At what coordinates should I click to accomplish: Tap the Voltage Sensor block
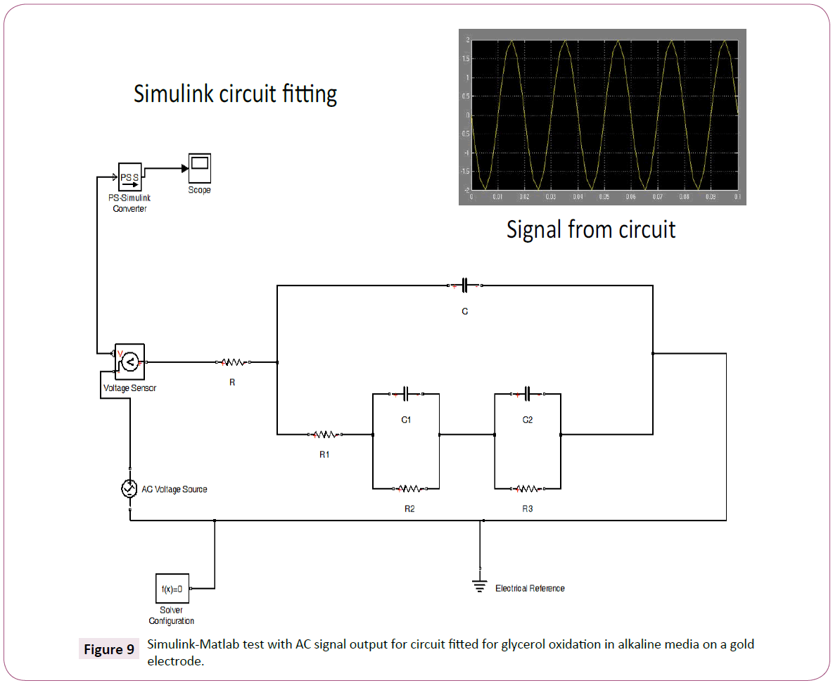pos(129,362)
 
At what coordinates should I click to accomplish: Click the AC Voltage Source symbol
pos(129,489)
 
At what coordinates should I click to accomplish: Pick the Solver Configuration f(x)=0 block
pos(172,588)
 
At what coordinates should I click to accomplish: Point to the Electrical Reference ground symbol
pos(480,585)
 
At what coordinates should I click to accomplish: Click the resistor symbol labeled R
pos(233,363)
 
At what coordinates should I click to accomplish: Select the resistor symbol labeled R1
pos(324,435)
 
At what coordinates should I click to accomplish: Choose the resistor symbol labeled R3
pos(528,488)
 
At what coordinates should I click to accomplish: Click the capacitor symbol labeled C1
pos(406,394)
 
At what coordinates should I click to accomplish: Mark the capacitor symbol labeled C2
pos(528,394)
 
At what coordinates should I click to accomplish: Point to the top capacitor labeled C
pos(464,286)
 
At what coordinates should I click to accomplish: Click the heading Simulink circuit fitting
pos(235,94)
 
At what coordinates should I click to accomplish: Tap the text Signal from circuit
pos(591,229)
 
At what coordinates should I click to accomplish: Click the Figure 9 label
pos(109,649)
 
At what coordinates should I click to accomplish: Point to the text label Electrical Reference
pos(530,588)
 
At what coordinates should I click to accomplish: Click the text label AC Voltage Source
pos(174,489)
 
